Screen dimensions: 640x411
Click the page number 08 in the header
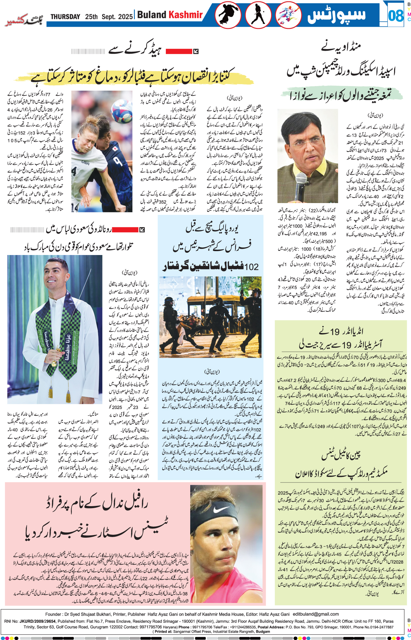[x=395, y=15]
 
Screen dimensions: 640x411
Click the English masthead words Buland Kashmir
[x=170, y=15]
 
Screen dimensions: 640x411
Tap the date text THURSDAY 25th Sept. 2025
[x=91, y=17]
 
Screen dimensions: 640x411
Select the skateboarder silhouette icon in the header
[x=228, y=15]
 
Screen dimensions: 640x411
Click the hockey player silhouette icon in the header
[x=258, y=15]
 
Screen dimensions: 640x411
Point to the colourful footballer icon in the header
[x=288, y=15]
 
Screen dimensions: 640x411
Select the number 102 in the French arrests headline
[x=251, y=267]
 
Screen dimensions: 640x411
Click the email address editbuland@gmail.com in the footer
[x=316, y=614]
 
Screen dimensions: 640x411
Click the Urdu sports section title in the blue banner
[x=336, y=15]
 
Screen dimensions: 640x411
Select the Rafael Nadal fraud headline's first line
[x=98, y=503]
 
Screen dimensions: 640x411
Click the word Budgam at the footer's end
[x=263, y=632]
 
